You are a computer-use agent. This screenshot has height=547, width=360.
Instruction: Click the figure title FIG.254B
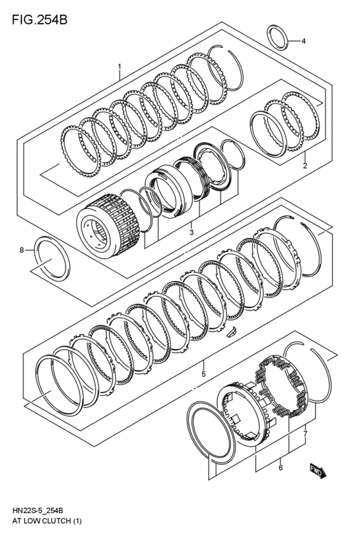[x=39, y=19]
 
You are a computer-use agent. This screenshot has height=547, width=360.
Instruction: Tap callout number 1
[x=120, y=66]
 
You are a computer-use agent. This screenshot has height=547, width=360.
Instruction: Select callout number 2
[x=305, y=166]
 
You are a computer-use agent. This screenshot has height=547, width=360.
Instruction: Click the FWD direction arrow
[x=318, y=471]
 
